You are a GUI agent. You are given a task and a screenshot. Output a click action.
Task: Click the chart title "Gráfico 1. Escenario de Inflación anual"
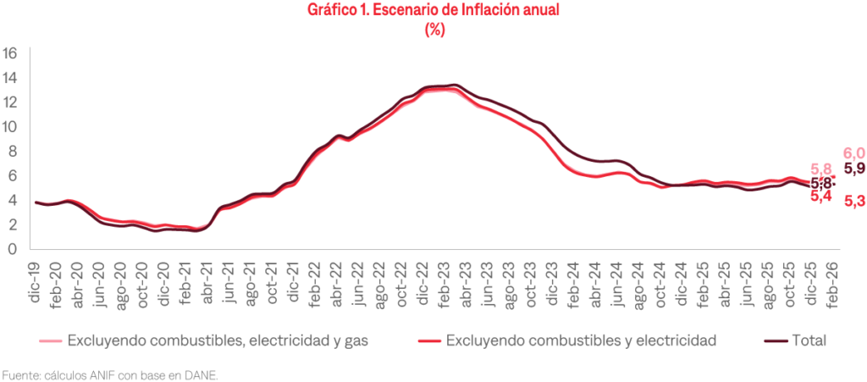433,11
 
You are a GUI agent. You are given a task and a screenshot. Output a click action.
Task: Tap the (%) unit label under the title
433,29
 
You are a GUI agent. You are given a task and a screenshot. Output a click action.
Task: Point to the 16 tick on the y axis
11,53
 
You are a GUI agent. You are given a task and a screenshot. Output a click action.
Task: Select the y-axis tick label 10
11,127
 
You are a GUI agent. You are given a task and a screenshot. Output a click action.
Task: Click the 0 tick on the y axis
11,249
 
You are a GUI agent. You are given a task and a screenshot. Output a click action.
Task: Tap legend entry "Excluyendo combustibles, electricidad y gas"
215,340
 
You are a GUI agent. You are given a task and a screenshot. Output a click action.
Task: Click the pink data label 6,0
853,153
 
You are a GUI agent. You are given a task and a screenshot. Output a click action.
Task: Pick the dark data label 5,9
854,168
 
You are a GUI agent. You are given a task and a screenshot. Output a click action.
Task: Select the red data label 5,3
854,202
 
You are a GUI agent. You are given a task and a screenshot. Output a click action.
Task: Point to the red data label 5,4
820,197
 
